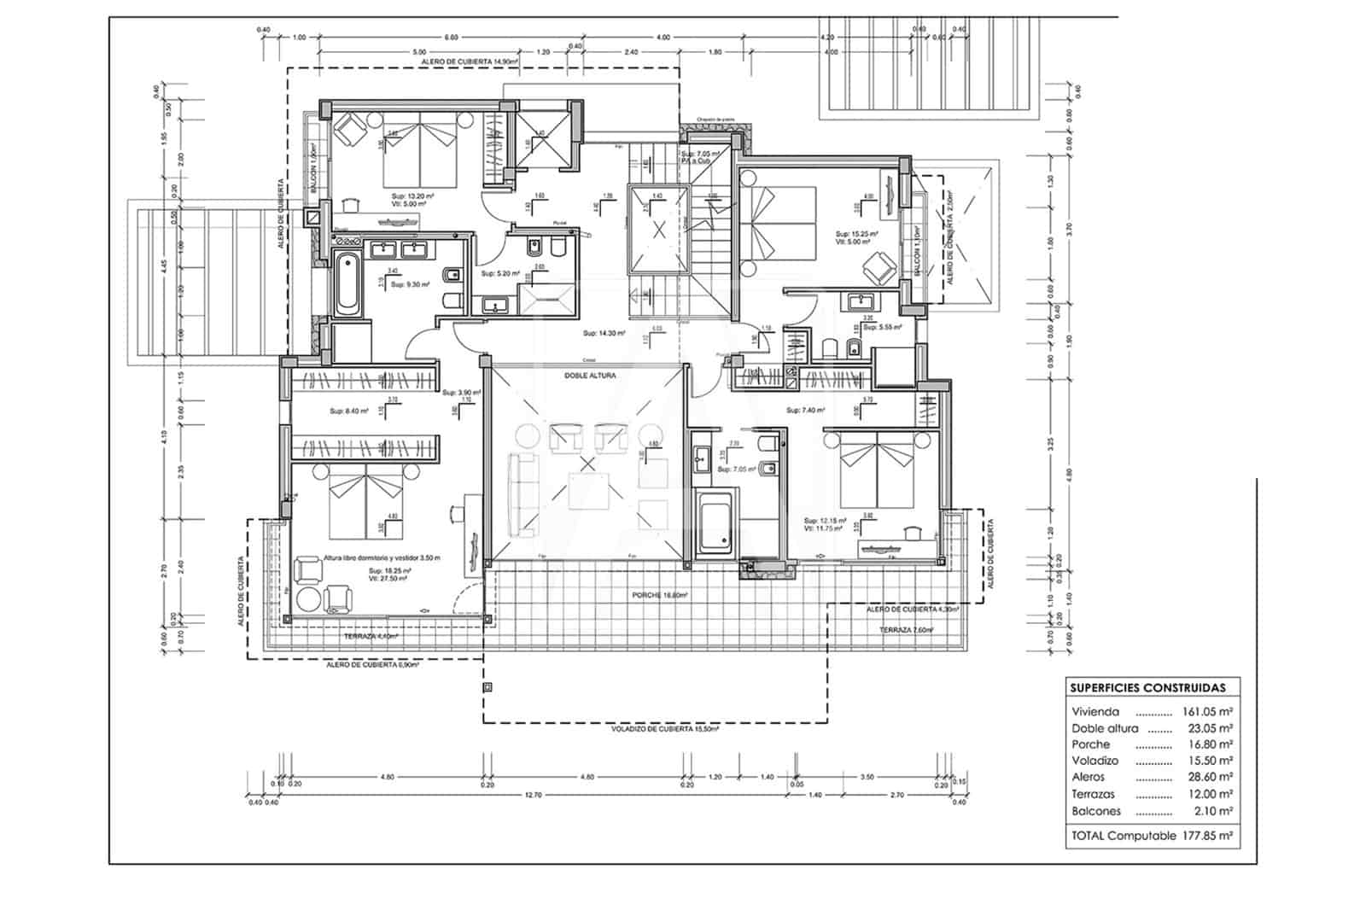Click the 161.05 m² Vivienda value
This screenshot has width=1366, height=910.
coord(1206,711)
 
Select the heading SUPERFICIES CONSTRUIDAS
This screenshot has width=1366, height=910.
coord(1147,687)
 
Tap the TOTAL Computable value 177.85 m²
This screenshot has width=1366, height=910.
coord(1206,836)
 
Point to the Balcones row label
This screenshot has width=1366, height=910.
coord(1096,811)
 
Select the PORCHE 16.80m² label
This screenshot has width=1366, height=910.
coord(660,595)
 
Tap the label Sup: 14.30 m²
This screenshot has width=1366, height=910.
coord(604,333)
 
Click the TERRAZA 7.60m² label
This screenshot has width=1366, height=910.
coord(906,630)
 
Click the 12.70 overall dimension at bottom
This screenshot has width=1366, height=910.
coord(534,795)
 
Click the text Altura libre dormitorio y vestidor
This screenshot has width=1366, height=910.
coord(381,557)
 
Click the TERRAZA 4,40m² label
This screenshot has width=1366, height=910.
coord(371,637)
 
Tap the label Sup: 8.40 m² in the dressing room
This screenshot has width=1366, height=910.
coord(348,411)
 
